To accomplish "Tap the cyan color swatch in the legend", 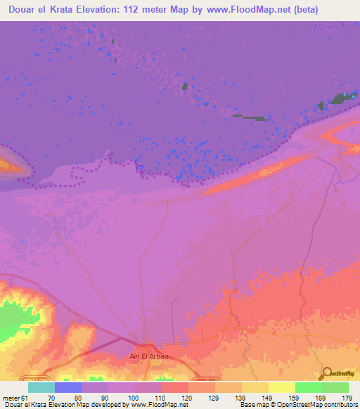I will [x=41, y=387].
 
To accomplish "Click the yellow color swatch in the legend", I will [x=281, y=387].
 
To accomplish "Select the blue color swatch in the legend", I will [x=67, y=387].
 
